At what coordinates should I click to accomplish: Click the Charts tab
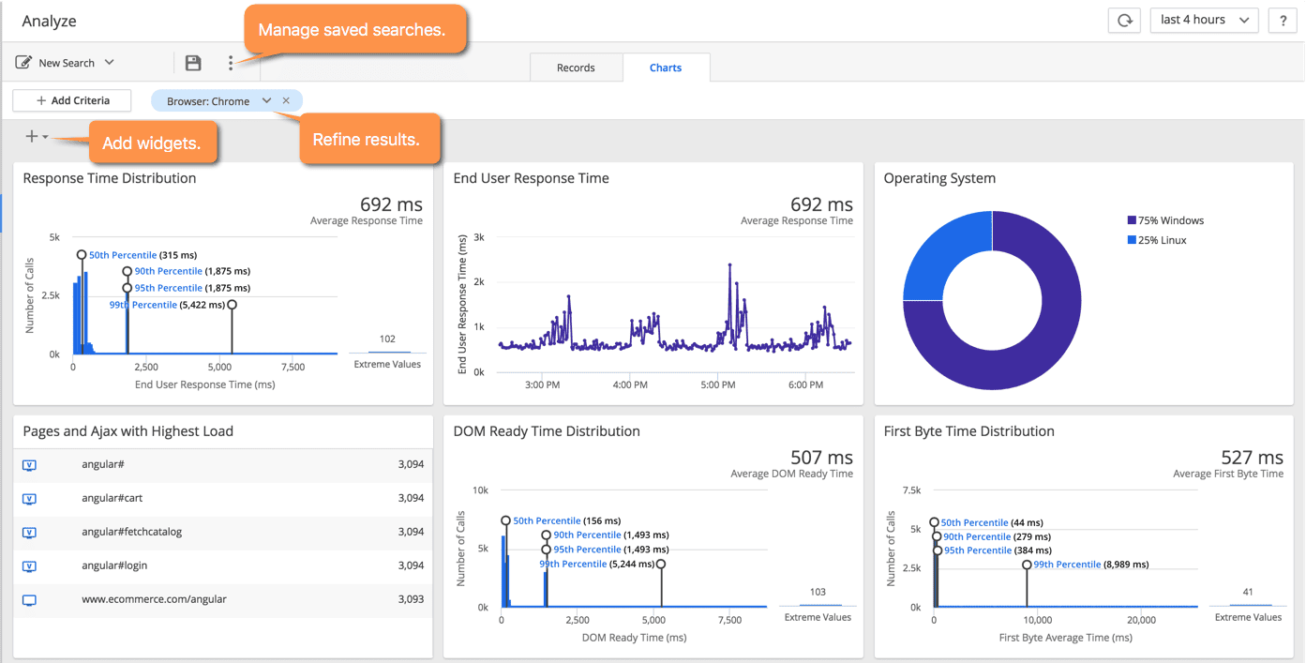666,68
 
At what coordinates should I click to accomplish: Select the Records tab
576,68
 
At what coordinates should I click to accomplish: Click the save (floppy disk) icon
193,63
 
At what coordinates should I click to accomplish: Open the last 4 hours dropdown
1204,20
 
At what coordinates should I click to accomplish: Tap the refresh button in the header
1124,20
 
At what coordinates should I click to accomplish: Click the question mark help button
1282,20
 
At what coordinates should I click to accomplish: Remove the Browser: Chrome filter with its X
286,101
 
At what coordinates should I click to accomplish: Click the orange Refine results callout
366,140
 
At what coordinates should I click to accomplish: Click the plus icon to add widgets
33,137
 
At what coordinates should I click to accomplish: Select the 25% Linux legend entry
1162,240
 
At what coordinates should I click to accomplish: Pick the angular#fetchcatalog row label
131,532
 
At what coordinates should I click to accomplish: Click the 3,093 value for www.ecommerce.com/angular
410,599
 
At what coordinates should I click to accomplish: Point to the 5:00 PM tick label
717,384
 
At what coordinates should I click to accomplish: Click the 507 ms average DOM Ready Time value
821,458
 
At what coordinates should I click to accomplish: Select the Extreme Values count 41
1247,592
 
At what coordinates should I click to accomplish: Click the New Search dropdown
66,63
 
